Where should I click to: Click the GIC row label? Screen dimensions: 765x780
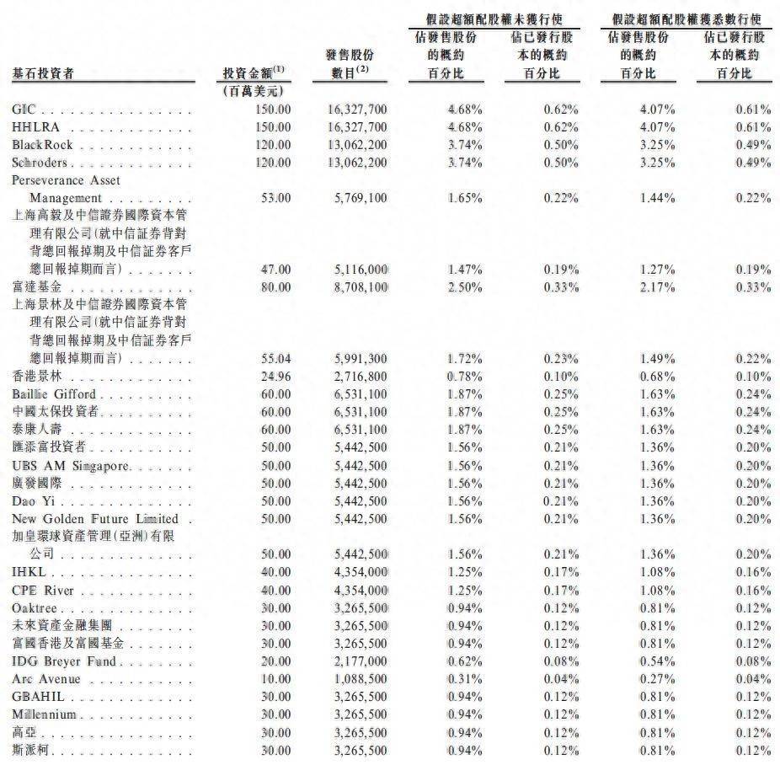pyautogui.click(x=23, y=110)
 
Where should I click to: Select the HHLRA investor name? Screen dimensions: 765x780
pyautogui.click(x=34, y=127)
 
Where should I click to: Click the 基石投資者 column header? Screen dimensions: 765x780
pyautogui.click(x=42, y=73)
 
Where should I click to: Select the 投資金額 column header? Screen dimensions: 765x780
pyautogui.click(x=253, y=72)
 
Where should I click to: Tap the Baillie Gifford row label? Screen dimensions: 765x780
pyautogui.click(x=52, y=393)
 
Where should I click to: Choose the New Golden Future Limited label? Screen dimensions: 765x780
pyautogui.click(x=95, y=518)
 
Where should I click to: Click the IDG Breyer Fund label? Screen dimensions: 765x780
pyautogui.click(x=64, y=661)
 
